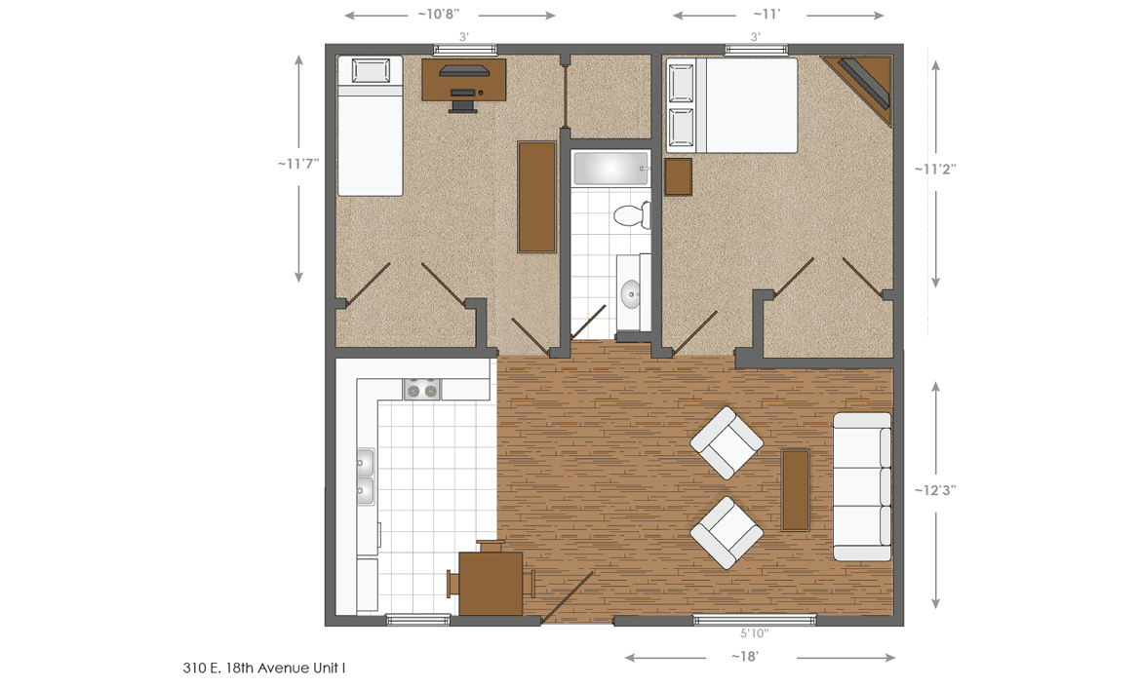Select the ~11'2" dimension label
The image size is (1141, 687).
935,169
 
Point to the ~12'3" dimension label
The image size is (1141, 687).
935,490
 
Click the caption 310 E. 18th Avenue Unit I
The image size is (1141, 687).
264,668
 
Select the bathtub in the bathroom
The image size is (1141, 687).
610,169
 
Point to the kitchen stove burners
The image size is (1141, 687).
422,389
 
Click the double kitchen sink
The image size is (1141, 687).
366,477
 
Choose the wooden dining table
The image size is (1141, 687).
491,583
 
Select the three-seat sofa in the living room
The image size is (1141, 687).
862,486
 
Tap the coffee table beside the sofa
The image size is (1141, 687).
796,488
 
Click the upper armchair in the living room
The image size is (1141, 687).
727,443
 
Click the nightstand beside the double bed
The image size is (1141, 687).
678,177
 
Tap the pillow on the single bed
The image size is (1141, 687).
370,72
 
